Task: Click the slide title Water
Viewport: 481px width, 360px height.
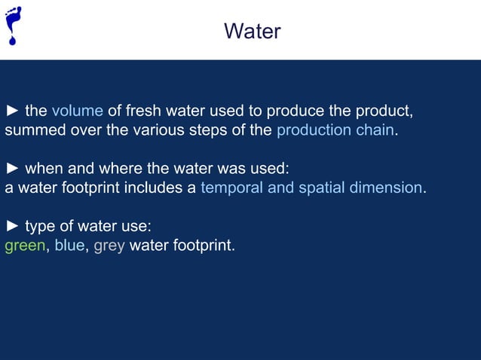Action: [252, 32]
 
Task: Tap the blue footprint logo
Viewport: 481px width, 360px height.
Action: [13, 25]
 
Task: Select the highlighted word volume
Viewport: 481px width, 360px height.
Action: [77, 111]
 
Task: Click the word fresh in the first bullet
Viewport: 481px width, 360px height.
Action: [146, 111]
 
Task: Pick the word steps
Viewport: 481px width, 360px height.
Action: [202, 130]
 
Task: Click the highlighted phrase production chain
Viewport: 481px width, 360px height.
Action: [335, 130]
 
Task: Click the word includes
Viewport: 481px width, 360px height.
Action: [154, 188]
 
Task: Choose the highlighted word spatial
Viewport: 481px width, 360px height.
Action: [320, 188]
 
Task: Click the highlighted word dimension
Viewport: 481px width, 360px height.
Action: [384, 188]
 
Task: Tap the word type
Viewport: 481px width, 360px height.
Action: [41, 226]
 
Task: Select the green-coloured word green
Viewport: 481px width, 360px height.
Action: [25, 246]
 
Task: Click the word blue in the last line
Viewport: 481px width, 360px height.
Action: [69, 245]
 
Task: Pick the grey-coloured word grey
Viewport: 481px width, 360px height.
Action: [109, 246]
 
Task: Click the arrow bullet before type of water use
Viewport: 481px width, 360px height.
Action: [13, 226]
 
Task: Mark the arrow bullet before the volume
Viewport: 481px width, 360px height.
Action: [13, 111]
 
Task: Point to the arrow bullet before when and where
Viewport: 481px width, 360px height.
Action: [13, 168]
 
